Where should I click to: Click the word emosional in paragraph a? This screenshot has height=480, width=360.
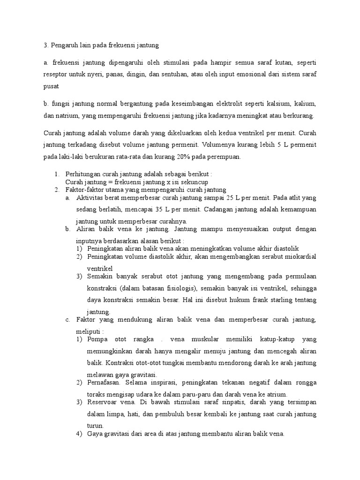point(233,75)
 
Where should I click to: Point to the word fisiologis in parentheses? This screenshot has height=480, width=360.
point(174,287)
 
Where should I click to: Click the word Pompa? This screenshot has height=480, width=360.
point(97,339)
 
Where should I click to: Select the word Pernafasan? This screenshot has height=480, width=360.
point(104,383)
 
